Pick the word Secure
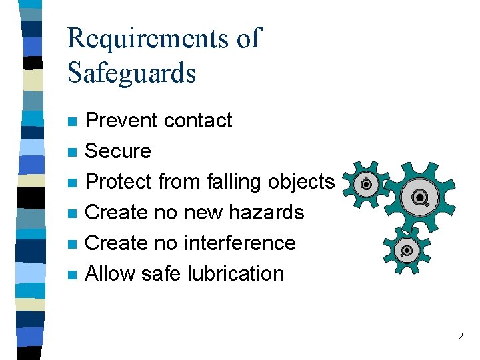click(119, 151)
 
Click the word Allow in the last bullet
click(112, 273)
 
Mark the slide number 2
click(460, 337)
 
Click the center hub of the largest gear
click(419, 197)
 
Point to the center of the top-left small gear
click(365, 184)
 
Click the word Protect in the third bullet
click(119, 182)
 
